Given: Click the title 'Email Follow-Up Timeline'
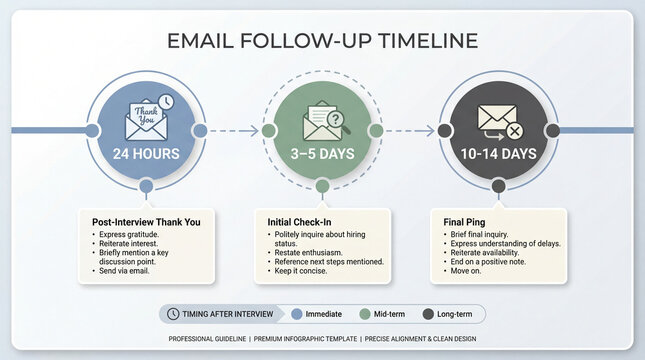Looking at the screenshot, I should [x=322, y=41].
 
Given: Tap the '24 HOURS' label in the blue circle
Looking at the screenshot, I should [x=146, y=154].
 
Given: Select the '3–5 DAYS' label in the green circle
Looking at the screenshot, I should [x=322, y=154].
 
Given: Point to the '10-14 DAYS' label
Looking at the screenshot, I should [x=498, y=154].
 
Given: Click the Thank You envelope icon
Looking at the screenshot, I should [x=146, y=119].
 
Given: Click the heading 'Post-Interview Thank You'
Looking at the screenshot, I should [x=146, y=222].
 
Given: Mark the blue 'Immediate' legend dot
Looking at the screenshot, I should [x=296, y=314].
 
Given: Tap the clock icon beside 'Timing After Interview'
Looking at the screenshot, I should [x=174, y=314].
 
